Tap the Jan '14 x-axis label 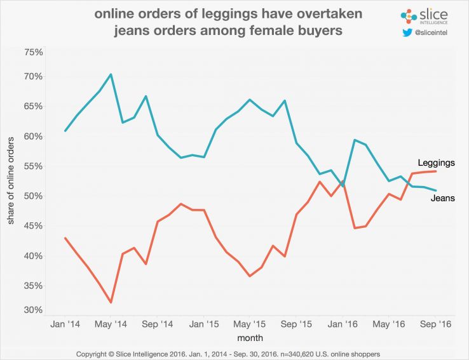[65, 324]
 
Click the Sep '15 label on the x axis [297, 324]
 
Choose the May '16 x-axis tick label [389, 324]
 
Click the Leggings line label [436, 163]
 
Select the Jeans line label [433, 198]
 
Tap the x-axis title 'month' [250, 338]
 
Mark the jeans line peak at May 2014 [111, 74]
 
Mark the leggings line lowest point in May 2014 [111, 302]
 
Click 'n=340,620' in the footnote [291, 352]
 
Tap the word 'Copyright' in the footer [95, 352]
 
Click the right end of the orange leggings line [435, 171]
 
